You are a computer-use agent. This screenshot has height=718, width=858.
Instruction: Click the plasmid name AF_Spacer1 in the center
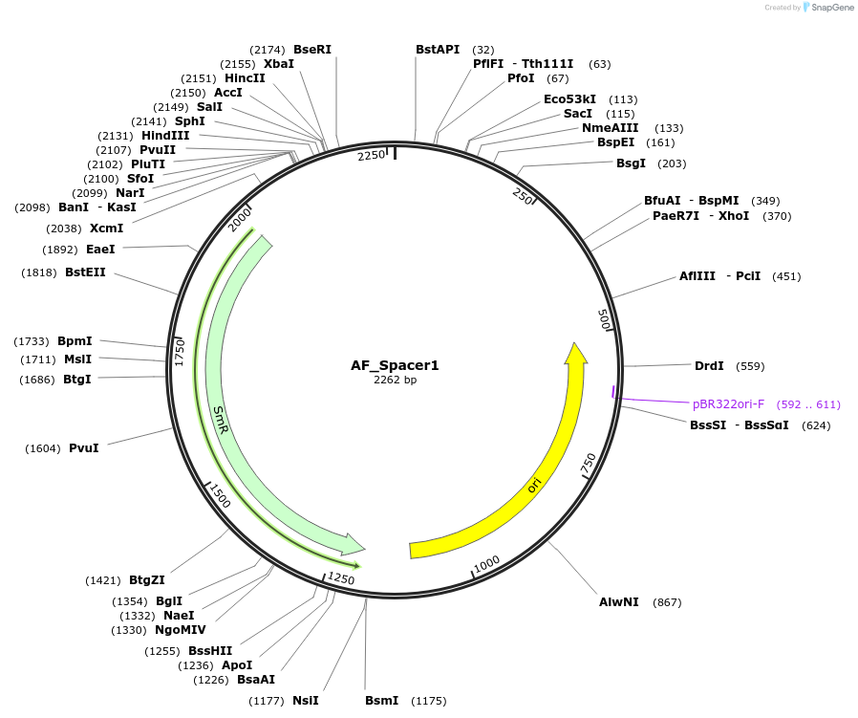395,365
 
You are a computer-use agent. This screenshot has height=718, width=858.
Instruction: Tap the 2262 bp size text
395,380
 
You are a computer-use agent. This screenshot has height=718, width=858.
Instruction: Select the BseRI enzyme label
312,50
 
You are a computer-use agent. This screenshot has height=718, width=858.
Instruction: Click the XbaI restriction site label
279,63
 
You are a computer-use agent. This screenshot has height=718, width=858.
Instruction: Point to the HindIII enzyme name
165,135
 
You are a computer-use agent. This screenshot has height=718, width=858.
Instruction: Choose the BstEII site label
85,272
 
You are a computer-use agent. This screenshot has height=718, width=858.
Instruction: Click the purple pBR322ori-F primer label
728,404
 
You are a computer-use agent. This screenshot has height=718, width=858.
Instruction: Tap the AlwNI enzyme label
619,602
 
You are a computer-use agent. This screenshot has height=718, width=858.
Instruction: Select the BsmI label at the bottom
382,701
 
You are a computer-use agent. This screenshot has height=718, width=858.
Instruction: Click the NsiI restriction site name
306,701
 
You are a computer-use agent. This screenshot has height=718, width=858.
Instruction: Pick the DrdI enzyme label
709,366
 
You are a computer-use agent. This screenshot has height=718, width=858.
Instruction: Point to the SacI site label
578,114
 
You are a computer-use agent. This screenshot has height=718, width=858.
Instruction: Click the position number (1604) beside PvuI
43,448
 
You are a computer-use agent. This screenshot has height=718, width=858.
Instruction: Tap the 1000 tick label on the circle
486,563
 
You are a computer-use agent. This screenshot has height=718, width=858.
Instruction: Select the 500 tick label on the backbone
604,319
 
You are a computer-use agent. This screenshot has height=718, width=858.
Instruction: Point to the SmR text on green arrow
221,420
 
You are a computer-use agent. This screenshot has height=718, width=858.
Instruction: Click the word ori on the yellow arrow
534,485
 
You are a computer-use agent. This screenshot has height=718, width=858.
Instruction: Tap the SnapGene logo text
832,7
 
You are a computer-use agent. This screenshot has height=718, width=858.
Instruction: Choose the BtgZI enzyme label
146,580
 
